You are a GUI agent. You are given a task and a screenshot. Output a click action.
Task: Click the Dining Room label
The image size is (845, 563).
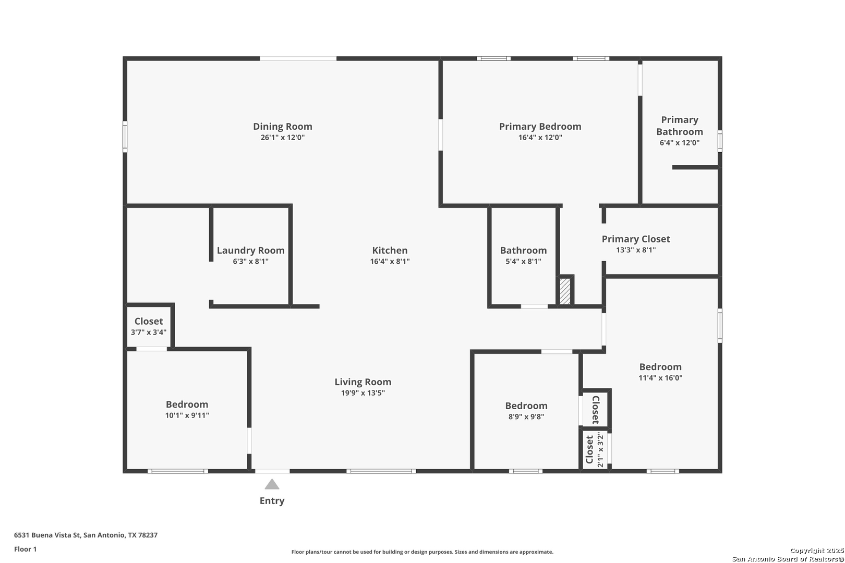click(x=283, y=126)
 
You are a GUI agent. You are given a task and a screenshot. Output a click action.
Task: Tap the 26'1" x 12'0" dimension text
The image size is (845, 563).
click(x=283, y=137)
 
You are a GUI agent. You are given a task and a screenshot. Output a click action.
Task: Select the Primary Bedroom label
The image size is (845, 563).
click(x=540, y=127)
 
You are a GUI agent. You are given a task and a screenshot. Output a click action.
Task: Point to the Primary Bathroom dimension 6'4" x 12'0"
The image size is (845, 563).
click(x=680, y=142)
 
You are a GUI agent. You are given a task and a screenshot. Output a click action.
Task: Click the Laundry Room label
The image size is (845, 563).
click(x=250, y=251)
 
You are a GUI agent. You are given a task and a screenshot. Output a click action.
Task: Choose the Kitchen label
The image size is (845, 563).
click(x=390, y=250)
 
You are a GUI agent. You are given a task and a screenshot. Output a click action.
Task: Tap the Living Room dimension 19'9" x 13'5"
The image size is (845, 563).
click(x=363, y=393)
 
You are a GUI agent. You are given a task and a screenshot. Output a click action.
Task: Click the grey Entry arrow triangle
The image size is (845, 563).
click(x=272, y=484)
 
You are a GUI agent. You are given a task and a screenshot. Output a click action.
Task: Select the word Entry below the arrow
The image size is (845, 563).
click(x=272, y=501)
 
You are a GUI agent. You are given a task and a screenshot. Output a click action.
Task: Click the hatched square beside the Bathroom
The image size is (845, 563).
click(x=565, y=291)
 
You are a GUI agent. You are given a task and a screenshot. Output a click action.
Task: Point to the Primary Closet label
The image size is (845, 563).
click(x=636, y=239)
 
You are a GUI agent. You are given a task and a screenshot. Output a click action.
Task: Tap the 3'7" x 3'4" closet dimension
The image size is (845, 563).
click(x=149, y=332)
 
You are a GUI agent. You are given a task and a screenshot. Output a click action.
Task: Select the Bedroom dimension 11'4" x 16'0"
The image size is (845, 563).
click(x=660, y=378)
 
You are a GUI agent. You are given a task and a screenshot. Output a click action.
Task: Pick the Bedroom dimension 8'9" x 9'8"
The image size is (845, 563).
click(x=526, y=417)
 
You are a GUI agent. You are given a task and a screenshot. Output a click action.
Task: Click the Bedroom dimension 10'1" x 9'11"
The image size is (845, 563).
click(x=187, y=415)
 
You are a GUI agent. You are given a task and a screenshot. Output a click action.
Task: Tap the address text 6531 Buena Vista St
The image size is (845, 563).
click(x=47, y=535)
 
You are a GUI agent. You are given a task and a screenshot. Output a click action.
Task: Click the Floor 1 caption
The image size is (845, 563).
click(x=25, y=549)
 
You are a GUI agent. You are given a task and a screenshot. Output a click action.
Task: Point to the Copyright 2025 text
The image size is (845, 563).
click(x=817, y=551)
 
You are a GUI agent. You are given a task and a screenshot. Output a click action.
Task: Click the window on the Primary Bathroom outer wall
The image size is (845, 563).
click(x=720, y=141)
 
